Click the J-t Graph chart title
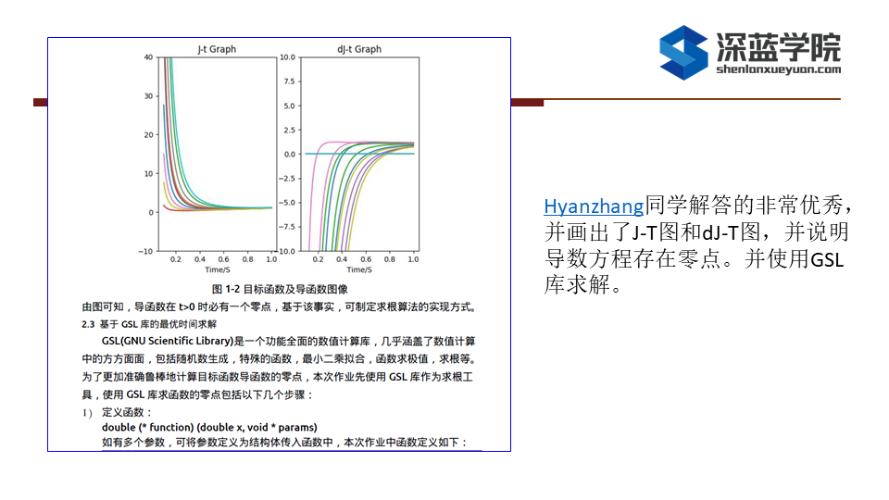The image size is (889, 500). [x=217, y=49]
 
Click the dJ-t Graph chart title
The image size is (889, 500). [x=359, y=49]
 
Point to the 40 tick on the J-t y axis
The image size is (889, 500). [x=148, y=57]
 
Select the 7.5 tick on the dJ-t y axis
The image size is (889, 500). [x=289, y=81]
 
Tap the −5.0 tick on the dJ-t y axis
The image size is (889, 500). [x=287, y=203]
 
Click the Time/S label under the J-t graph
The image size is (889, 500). [x=217, y=269]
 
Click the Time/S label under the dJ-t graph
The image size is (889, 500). [x=359, y=269]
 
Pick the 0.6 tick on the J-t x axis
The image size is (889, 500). [x=224, y=259]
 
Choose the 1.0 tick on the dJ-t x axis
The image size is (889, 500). [x=413, y=259]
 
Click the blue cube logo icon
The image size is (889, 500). [x=683, y=53]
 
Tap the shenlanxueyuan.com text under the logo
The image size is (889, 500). [x=779, y=69]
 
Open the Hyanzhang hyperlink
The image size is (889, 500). [x=594, y=206]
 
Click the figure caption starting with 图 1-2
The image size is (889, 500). [x=280, y=289]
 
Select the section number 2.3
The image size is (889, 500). [x=88, y=324]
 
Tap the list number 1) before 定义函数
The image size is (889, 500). [x=87, y=413]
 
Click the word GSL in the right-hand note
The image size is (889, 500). [x=827, y=259]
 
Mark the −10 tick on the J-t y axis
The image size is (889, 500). [x=145, y=251]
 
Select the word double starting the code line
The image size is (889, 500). [x=119, y=428]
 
